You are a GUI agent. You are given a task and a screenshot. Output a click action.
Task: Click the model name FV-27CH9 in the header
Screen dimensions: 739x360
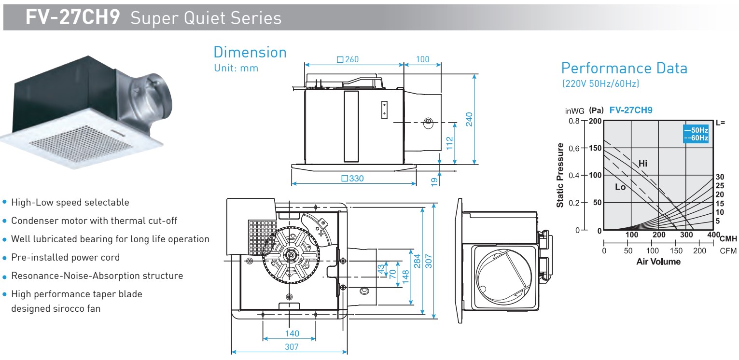tap(72, 17)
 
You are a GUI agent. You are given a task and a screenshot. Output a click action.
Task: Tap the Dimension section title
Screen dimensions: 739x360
tap(250, 53)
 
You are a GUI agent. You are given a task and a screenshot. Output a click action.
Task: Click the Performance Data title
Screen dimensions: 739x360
tap(624, 69)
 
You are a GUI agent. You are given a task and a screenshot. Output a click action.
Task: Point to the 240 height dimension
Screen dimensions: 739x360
tap(469, 119)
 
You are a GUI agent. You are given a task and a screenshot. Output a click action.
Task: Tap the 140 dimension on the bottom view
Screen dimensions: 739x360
tap(292, 333)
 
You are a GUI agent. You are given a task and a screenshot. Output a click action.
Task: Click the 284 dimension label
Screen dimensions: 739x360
tap(417, 261)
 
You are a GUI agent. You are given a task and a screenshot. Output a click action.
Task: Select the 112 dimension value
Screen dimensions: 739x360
tap(449, 143)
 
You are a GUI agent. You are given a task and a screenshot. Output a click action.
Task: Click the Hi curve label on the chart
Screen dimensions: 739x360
tap(642, 163)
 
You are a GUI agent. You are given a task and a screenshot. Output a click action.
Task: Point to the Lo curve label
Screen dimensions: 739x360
tap(620, 187)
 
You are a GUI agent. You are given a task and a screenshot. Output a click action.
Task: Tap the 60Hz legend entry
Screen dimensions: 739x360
tap(696, 138)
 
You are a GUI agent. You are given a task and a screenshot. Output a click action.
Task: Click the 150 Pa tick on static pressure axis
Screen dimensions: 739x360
tap(595, 148)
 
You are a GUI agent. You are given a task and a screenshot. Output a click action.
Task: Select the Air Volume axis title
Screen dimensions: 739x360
tap(658, 262)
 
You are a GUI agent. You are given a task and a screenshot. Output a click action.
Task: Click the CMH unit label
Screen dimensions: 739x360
tap(728, 238)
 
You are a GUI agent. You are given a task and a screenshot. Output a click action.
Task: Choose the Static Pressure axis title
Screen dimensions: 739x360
tap(560, 175)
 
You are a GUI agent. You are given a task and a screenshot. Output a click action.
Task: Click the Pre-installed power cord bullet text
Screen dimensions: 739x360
tap(65, 257)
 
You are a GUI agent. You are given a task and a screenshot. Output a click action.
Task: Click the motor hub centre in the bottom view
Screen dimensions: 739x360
tap(291, 255)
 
